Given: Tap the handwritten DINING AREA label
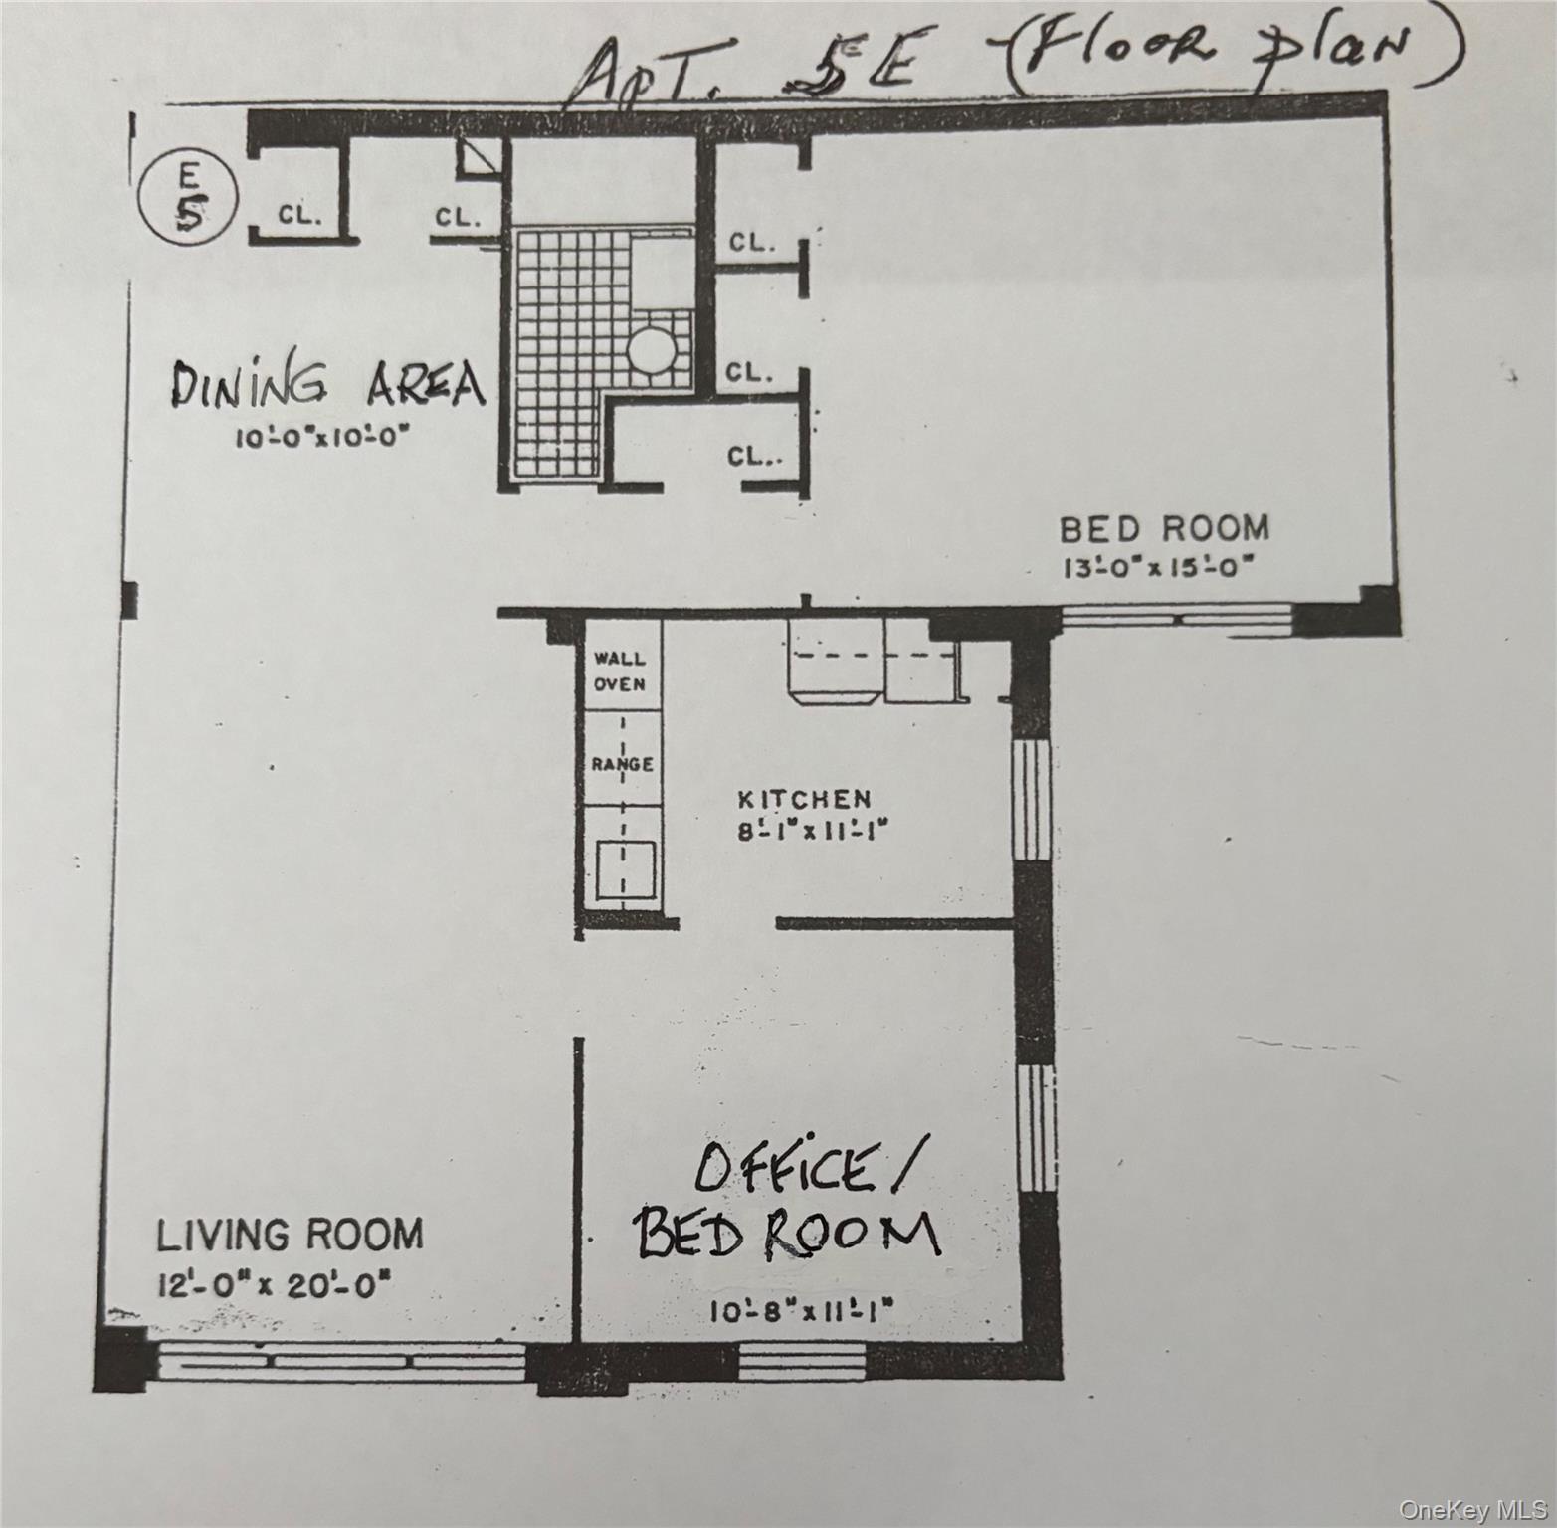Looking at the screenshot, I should pyautogui.click(x=328, y=386).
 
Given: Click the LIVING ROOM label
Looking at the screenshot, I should pyautogui.click(x=290, y=1235).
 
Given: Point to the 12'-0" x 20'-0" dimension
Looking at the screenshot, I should pyautogui.click(x=274, y=1285).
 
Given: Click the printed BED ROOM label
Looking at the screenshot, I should pyautogui.click(x=1163, y=528).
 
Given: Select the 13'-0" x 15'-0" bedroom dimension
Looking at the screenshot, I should pyautogui.click(x=1155, y=568).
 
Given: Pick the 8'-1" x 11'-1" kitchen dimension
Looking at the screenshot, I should pyautogui.click(x=812, y=830).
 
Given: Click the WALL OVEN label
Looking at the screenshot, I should pyautogui.click(x=620, y=671).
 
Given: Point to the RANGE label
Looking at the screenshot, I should pyautogui.click(x=622, y=764).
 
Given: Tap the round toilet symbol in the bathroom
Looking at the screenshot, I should pyautogui.click(x=652, y=351).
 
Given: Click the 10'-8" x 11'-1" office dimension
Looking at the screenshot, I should pyautogui.click(x=802, y=1312).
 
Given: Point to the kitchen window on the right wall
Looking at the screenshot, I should pyautogui.click(x=1032, y=799).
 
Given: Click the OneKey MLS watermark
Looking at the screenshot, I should pyautogui.click(x=1471, y=1510).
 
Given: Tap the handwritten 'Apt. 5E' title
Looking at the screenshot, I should pyautogui.click(x=736, y=70).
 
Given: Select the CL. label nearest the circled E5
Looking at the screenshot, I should pyautogui.click(x=299, y=215).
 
